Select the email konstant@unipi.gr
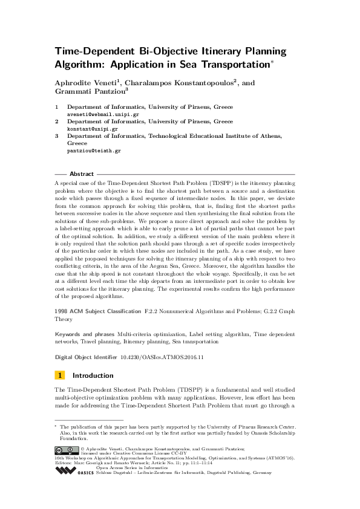point(91,129)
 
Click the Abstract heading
point(82,173)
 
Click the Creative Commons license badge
point(62,450)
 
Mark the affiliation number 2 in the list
point(57,122)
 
